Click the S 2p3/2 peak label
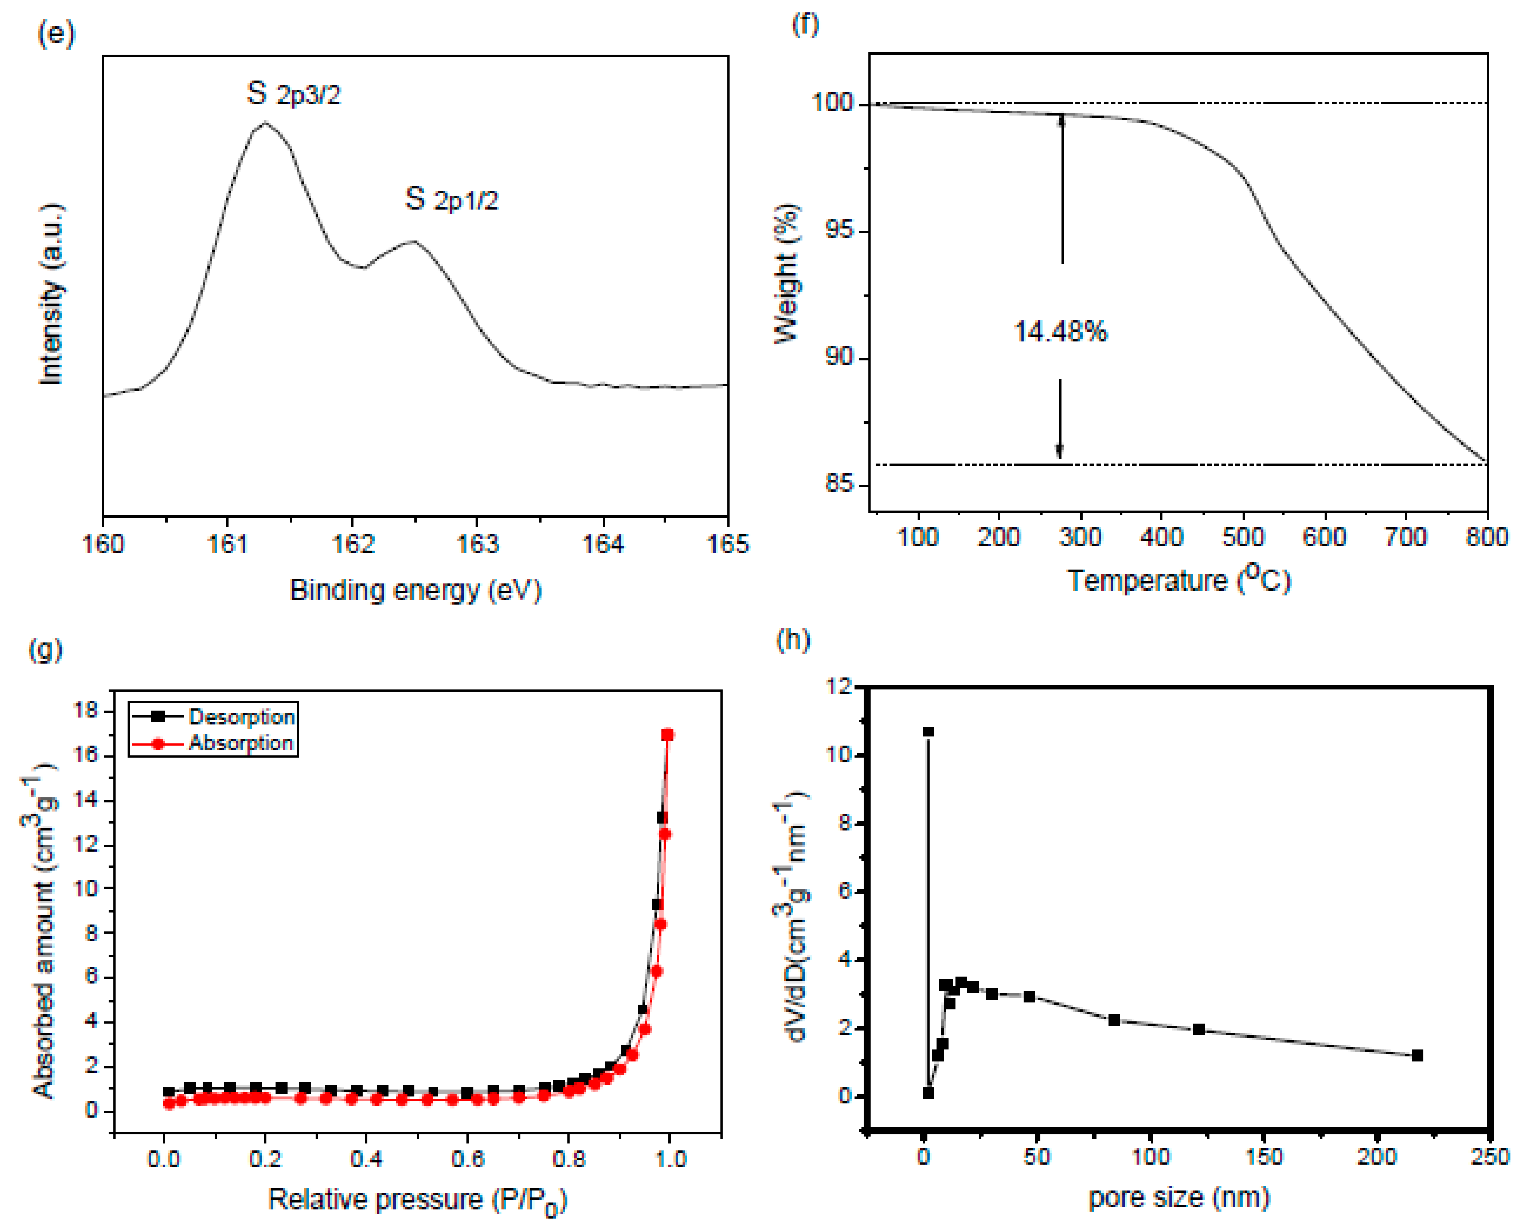(293, 93)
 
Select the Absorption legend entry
(240, 743)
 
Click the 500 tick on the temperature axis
(1243, 537)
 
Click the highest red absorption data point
(667, 735)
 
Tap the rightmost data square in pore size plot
(1416, 1056)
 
